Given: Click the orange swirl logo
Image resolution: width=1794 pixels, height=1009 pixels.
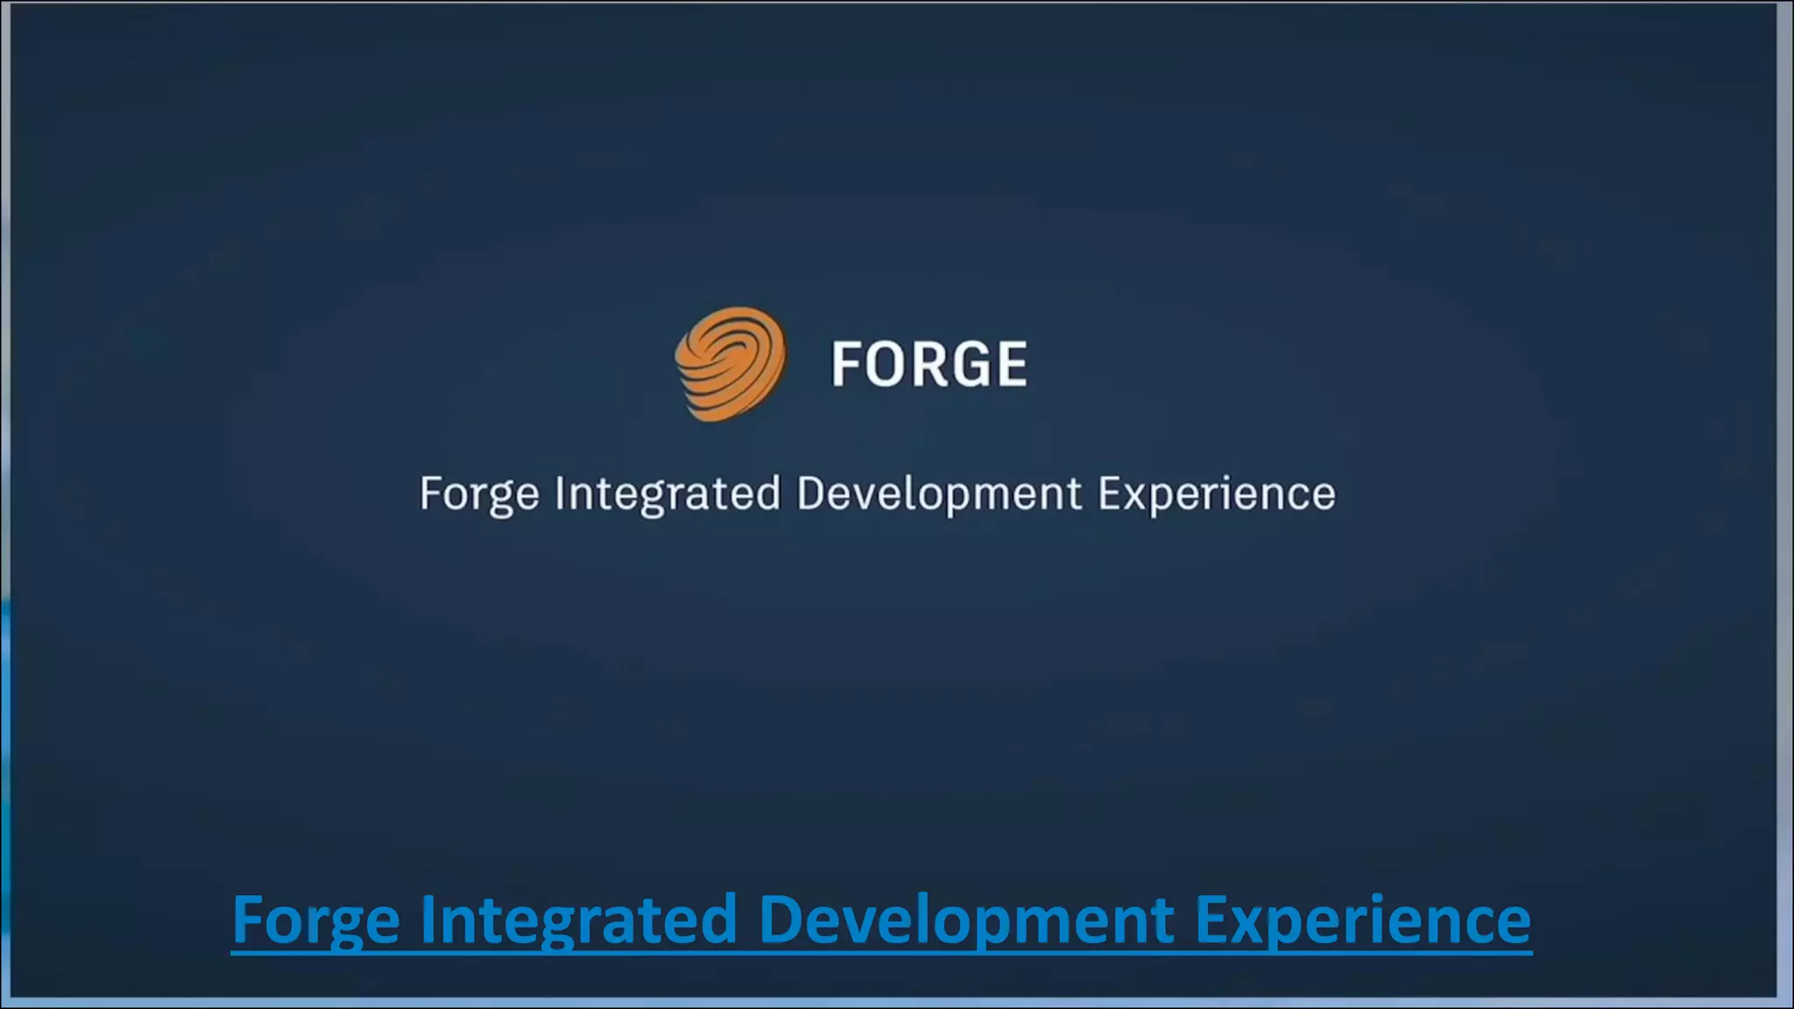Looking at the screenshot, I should [x=731, y=363].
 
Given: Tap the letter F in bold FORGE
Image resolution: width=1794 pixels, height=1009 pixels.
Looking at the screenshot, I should [x=847, y=364].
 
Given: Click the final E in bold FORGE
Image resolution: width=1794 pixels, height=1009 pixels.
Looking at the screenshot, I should [x=1012, y=364].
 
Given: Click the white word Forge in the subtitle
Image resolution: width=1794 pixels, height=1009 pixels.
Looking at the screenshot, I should [x=479, y=495].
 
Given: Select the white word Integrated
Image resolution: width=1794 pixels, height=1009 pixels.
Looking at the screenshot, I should [x=667, y=495].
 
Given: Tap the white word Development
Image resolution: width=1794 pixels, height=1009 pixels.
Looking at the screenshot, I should [x=939, y=495].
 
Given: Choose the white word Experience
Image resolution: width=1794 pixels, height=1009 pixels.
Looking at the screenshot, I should [x=1217, y=495].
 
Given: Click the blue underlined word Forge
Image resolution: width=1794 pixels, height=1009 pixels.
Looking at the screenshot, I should [x=316, y=921].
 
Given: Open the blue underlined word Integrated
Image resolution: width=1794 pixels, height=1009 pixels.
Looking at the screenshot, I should [x=578, y=921].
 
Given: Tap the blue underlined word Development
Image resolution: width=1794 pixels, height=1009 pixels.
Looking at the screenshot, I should [x=965, y=921].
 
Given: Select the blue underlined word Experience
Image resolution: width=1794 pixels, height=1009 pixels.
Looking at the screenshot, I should [x=1363, y=921].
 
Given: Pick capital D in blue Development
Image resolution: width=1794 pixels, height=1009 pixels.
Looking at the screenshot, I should [x=780, y=919].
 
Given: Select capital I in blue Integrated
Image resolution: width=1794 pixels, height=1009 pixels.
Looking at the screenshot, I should [x=427, y=919].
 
